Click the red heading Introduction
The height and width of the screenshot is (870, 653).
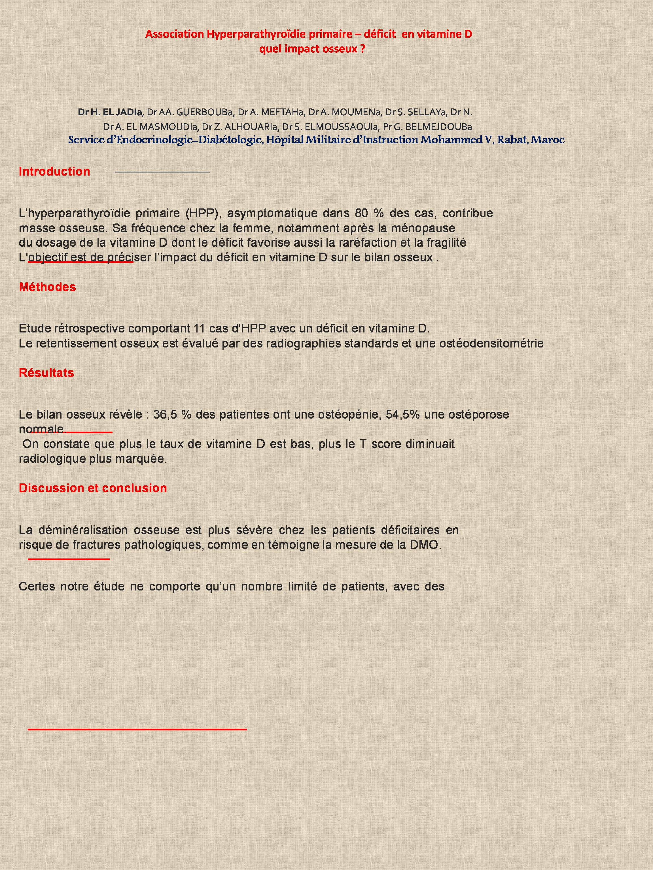click(x=54, y=172)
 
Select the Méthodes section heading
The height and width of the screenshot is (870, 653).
click(x=47, y=287)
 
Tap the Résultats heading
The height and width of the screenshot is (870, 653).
click(x=46, y=373)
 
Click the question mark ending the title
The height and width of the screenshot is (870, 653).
click(x=362, y=49)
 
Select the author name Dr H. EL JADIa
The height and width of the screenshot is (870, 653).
click(x=111, y=112)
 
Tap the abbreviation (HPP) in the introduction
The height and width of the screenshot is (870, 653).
click(x=202, y=213)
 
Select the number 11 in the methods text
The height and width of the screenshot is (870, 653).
click(x=200, y=329)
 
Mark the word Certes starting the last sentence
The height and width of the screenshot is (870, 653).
click(x=36, y=587)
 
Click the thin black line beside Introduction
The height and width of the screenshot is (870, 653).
click(x=162, y=172)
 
